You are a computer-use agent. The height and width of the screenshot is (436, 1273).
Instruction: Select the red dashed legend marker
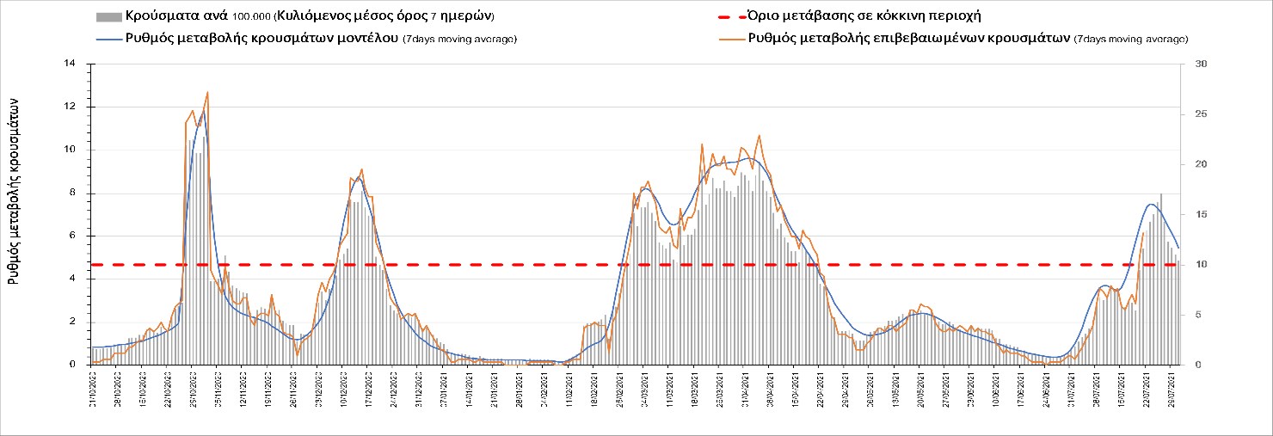tap(730, 16)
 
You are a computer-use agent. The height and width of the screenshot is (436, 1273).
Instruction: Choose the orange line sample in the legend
tap(730, 38)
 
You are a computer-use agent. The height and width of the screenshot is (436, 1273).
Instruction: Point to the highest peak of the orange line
tap(207, 92)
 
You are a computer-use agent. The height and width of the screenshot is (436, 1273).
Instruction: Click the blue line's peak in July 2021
tap(1152, 204)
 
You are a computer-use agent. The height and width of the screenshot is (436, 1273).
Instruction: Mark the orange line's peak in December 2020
tap(362, 169)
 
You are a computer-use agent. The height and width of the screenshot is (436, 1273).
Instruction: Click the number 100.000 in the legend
tap(251, 17)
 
